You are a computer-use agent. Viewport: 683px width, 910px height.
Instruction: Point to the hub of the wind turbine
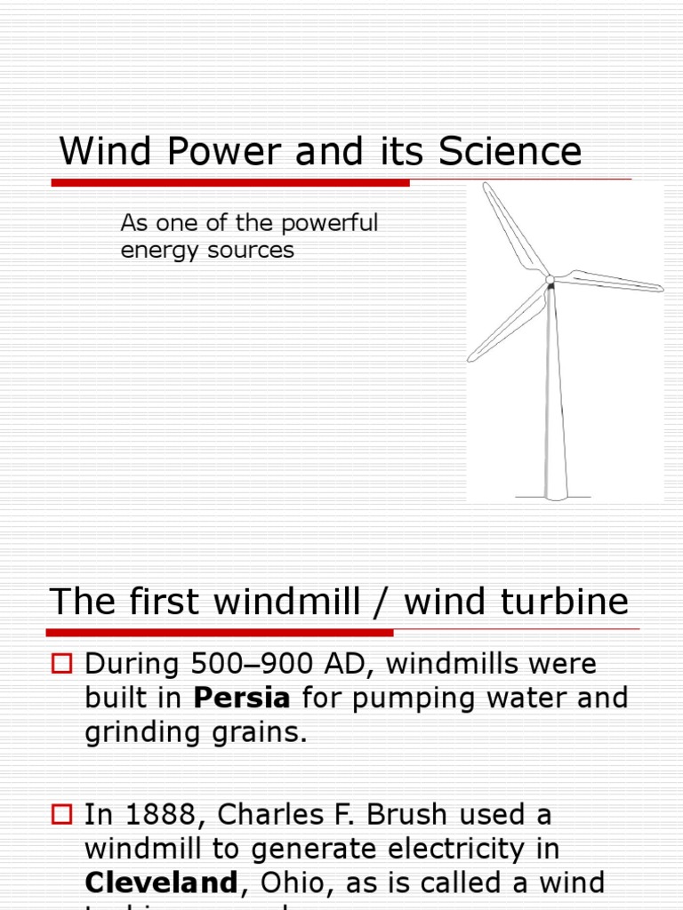(x=550, y=281)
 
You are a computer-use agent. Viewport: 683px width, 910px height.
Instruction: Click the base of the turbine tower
(x=556, y=493)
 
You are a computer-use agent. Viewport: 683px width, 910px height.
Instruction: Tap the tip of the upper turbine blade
(x=486, y=186)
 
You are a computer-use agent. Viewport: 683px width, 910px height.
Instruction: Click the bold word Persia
(x=242, y=698)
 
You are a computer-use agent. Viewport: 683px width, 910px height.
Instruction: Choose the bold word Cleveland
(x=161, y=883)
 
